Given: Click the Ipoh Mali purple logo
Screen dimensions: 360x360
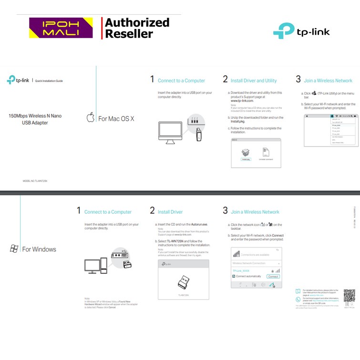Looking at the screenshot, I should [61, 28].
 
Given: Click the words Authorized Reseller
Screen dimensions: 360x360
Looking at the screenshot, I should [137, 28].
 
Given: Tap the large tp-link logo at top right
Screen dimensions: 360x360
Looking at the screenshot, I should [301, 31].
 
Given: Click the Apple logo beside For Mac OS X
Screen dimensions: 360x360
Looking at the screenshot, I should [91, 118].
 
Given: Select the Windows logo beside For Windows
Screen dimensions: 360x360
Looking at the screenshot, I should [14, 249].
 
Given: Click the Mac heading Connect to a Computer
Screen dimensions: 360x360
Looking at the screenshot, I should [181, 81].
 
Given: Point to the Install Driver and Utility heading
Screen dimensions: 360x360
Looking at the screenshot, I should [253, 81].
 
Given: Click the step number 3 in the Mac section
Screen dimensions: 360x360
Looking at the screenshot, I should [298, 80].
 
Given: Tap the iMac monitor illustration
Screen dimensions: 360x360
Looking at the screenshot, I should [169, 129].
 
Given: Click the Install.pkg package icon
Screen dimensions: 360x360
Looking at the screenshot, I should [246, 153].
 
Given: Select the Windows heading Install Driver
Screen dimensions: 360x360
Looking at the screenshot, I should [170, 212].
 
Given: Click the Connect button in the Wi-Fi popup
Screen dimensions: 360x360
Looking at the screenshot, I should [273, 277].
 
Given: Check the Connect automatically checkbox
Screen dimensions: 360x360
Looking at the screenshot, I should [234, 277].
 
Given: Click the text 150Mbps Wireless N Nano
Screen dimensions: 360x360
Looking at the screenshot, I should [35, 116].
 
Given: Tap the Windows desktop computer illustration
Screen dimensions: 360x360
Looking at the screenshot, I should [95, 265].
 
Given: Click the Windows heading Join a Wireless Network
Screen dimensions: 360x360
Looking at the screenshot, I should [255, 212].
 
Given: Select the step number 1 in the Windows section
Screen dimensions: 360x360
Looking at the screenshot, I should [79, 211].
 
